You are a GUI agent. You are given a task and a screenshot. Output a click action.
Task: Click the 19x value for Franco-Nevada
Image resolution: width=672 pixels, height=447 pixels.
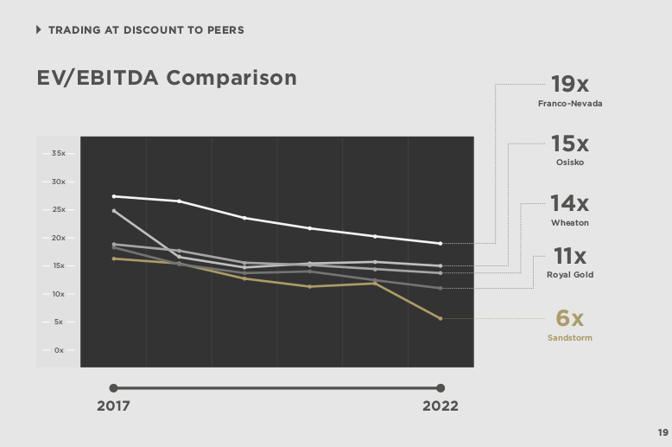(569, 85)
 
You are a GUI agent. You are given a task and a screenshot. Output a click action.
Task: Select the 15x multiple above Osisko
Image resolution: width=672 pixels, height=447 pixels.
(569, 144)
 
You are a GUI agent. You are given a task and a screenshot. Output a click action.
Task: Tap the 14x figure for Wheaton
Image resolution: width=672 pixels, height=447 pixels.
(569, 204)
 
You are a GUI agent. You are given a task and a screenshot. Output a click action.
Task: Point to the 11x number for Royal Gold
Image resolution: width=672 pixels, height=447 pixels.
(569, 256)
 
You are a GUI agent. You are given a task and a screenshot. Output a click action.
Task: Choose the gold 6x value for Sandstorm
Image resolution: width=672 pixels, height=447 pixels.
(569, 318)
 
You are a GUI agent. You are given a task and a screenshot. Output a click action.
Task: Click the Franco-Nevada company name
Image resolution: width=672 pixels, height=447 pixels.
(569, 104)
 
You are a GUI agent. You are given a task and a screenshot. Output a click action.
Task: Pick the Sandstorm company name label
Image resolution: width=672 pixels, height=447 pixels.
(569, 337)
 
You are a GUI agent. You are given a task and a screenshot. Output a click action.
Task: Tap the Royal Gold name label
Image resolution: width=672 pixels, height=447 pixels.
(569, 275)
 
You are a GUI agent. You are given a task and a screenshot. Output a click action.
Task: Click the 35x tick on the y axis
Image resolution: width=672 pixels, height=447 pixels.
(59, 154)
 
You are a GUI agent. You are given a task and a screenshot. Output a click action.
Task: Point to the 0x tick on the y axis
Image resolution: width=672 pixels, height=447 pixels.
(60, 350)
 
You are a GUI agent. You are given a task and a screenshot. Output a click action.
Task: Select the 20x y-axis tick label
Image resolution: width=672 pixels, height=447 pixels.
(59, 238)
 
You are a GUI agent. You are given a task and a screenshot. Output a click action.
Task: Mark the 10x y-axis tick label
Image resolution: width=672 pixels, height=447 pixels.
(59, 294)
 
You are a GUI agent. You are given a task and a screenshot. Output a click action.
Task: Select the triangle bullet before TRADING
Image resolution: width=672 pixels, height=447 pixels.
(39, 30)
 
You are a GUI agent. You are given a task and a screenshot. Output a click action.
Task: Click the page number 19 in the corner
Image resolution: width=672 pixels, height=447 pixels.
(662, 433)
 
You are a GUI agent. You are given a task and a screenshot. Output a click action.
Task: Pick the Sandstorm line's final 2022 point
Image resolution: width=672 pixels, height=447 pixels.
(441, 318)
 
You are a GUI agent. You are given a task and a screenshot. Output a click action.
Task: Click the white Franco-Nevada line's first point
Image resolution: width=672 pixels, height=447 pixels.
(114, 196)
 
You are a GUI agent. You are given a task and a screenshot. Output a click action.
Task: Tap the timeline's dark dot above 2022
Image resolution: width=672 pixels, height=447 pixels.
(441, 388)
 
